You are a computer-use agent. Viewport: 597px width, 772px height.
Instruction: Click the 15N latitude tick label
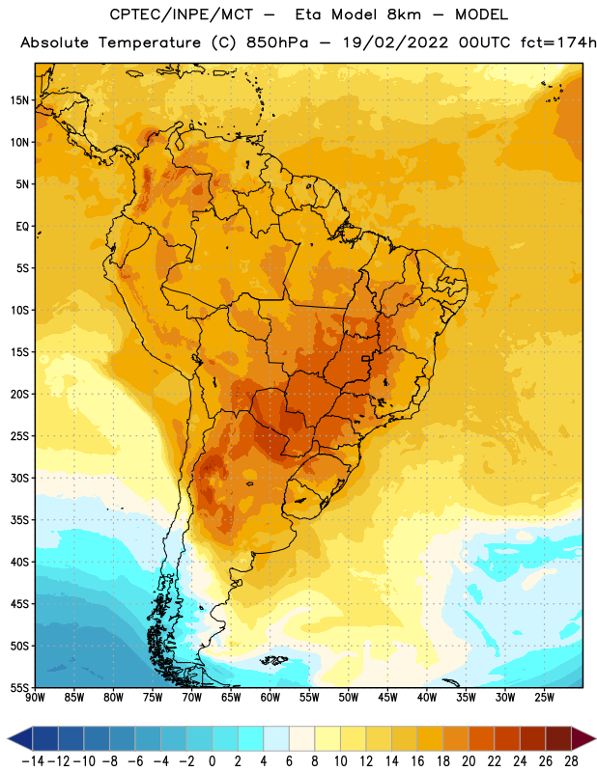pos(19,100)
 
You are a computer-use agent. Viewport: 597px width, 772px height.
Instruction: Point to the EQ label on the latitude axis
pos(22,227)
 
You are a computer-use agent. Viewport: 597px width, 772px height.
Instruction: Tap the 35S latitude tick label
pos(19,520)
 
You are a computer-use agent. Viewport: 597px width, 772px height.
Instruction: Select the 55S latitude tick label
pos(19,687)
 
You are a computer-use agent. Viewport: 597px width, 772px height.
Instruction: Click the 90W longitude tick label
pos(35,698)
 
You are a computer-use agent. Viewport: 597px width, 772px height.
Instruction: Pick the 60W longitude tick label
pos(270,698)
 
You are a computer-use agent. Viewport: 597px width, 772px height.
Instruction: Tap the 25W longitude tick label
pos(544,698)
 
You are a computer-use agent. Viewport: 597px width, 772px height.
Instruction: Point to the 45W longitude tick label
pos(387,698)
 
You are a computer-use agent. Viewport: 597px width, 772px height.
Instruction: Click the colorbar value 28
pos(571,761)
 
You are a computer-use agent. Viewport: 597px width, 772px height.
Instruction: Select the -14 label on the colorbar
pos(34,761)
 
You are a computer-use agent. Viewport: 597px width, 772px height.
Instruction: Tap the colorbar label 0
pos(212,761)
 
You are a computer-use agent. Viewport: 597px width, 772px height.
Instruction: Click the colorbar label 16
pos(417,761)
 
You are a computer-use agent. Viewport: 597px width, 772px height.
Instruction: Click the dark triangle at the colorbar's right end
pos(583,738)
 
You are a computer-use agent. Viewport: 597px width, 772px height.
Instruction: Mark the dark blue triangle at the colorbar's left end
pos(20,738)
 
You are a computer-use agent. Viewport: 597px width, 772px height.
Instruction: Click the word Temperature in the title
pos(150,42)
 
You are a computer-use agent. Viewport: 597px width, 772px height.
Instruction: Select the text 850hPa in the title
pos(277,42)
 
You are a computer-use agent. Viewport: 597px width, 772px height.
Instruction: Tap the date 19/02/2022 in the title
pos(395,42)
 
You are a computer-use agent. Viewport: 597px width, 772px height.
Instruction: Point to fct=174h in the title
pos(558,42)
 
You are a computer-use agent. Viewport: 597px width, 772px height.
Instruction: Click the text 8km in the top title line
pos(404,14)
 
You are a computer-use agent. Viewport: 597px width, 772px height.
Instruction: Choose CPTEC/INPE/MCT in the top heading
pos(181,14)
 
